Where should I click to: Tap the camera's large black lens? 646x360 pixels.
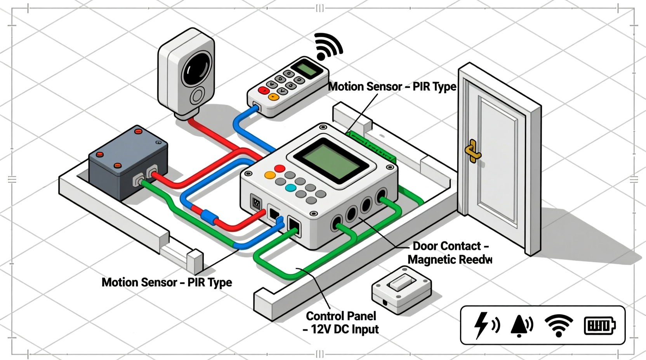pos(197,68)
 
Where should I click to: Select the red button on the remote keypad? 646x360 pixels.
pos(264,90)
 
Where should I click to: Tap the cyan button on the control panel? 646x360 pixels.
pos(290,188)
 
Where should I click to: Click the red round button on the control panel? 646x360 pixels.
pos(279,168)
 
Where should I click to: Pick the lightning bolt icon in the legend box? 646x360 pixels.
pos(482,325)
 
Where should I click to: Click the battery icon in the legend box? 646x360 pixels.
pos(599,325)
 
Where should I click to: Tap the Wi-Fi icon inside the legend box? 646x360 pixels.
pos(559,325)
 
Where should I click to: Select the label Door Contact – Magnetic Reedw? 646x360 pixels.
pos(450,253)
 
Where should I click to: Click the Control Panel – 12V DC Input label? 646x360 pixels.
pos(341,322)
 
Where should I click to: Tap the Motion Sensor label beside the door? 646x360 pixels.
pos(392,87)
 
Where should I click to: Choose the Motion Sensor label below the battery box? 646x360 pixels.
pos(167,282)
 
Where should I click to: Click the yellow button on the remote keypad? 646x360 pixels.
pos(273,97)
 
